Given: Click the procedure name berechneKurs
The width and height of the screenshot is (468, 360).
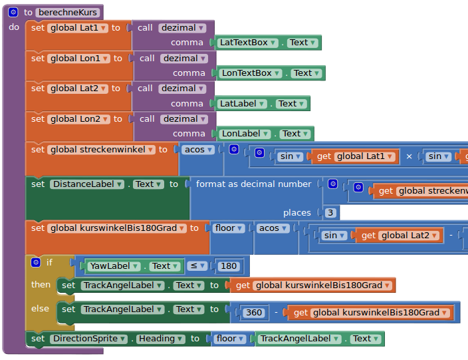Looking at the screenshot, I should click(x=68, y=12).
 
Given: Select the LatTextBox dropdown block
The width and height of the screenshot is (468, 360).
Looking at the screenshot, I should click(x=246, y=43).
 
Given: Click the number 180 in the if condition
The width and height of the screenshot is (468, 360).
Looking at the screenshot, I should click(x=229, y=266).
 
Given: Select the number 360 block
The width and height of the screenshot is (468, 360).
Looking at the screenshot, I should click(x=253, y=313).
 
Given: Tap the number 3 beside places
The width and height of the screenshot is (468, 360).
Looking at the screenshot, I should click(x=330, y=213).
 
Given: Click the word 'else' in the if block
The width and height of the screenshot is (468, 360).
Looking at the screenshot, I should click(x=40, y=309).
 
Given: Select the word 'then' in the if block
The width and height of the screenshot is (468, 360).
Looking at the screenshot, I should click(x=41, y=285).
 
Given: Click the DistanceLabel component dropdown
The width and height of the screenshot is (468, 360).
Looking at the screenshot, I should click(x=87, y=184).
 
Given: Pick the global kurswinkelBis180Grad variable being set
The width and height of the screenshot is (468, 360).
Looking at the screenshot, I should click(x=117, y=228).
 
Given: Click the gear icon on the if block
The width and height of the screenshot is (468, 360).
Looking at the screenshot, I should click(x=35, y=262).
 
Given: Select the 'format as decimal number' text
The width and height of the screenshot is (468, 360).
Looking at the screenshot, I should click(x=253, y=184).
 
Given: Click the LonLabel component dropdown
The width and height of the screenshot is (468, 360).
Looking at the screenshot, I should click(x=245, y=134).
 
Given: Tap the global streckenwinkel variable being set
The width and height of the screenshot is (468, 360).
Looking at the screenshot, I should click(x=102, y=150).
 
